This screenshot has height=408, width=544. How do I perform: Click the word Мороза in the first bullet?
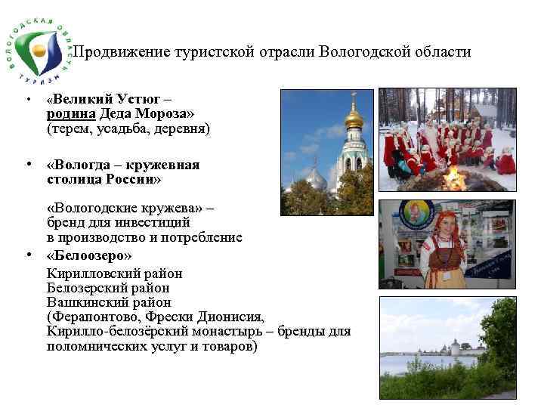166,114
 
